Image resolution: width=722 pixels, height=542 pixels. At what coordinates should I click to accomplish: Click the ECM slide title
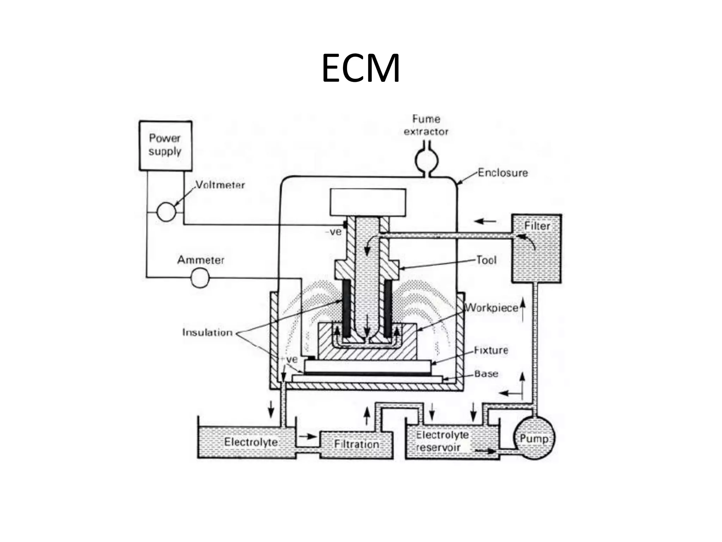pyautogui.click(x=361, y=68)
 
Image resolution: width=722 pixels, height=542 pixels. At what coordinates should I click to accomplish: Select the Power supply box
pyautogui.click(x=165, y=146)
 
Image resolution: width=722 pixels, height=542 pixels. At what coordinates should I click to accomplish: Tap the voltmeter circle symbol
pyautogui.click(x=166, y=212)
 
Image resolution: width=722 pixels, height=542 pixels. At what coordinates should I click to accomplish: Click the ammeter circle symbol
pyautogui.click(x=200, y=278)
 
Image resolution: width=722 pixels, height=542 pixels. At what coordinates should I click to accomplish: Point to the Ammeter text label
pyautogui.click(x=201, y=260)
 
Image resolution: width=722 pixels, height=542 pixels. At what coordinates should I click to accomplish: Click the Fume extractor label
pyautogui.click(x=426, y=125)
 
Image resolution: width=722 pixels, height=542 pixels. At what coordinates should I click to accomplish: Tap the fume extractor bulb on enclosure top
pyautogui.click(x=426, y=161)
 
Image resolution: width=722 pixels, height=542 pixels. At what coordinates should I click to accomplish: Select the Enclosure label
pyautogui.click(x=503, y=173)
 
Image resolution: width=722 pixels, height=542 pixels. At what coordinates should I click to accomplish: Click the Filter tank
pyautogui.click(x=536, y=248)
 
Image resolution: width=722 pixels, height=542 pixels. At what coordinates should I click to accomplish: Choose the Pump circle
pyautogui.click(x=534, y=438)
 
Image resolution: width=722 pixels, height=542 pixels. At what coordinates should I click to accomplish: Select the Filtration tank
pyautogui.click(x=356, y=444)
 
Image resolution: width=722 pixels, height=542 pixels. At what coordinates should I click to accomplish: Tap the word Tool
pyautogui.click(x=486, y=260)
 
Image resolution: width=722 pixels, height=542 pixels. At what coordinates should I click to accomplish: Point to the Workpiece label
pyautogui.click(x=491, y=308)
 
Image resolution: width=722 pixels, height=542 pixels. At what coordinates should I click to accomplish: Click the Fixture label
pyautogui.click(x=491, y=350)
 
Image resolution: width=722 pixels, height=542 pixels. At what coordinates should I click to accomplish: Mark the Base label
pyautogui.click(x=486, y=374)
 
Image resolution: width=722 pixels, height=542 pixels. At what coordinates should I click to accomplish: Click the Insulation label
pyautogui.click(x=207, y=332)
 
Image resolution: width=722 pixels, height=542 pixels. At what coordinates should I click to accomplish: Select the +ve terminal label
pyautogui.click(x=289, y=360)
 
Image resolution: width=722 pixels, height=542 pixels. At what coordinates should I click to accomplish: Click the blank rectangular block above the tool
pyautogui.click(x=368, y=202)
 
